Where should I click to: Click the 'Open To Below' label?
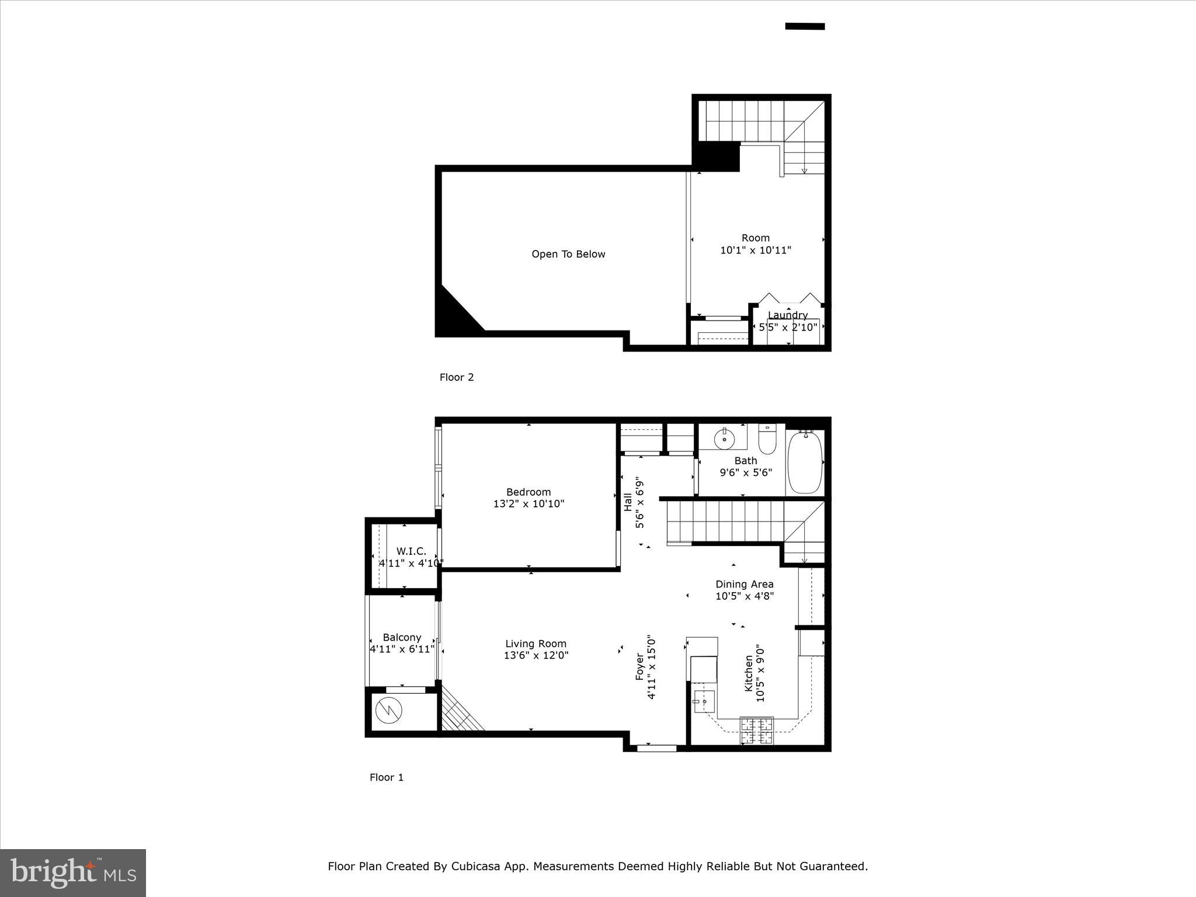(568, 254)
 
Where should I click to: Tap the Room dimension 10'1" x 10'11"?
(756, 251)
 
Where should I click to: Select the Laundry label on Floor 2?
(787, 315)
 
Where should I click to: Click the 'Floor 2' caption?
(456, 377)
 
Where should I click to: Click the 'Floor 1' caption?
(386, 777)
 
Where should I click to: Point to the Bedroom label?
(528, 492)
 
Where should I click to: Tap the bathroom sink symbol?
(724, 436)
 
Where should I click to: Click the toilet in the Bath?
(767, 440)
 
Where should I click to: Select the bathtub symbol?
(805, 463)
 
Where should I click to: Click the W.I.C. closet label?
(411, 551)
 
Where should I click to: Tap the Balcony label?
(402, 637)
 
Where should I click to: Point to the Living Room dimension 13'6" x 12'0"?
(536, 656)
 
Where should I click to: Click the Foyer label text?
(639, 666)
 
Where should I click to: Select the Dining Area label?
(744, 584)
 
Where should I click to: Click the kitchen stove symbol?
(757, 731)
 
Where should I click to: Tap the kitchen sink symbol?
(704, 700)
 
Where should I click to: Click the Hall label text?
(628, 502)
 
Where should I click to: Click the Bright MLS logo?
(73, 873)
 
